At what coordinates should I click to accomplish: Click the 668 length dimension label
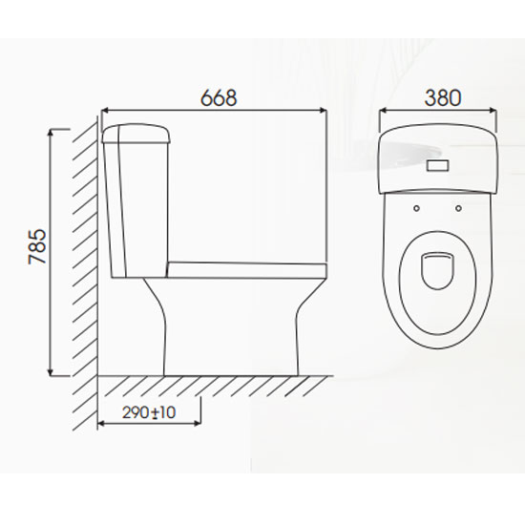pos(219,97)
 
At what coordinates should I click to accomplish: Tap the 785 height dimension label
pos(37,246)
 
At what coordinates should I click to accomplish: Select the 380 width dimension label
pos(443,97)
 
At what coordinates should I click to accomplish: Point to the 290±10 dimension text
pos(149,412)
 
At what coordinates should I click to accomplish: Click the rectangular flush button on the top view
pos(437,165)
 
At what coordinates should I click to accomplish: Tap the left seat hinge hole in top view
pos(416,208)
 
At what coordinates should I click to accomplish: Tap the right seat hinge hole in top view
pos(459,208)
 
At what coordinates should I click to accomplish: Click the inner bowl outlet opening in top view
pos(437,270)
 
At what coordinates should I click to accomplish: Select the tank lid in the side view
pos(136,134)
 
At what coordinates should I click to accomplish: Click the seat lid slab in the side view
pos(247,270)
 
